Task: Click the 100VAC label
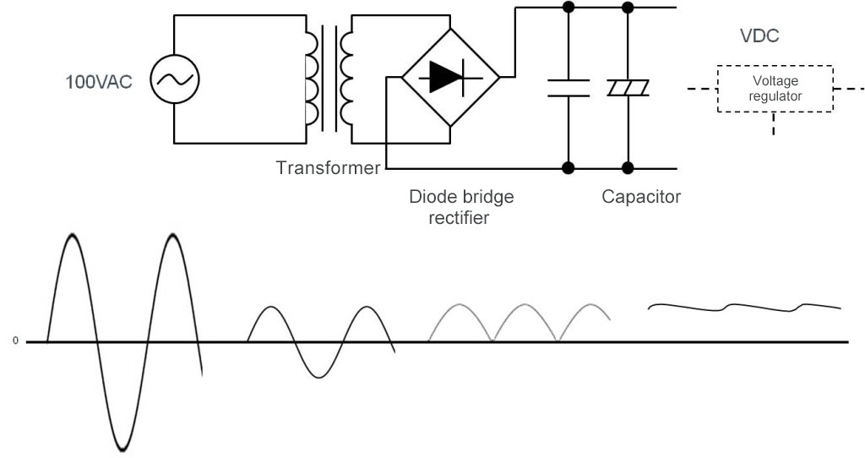[x=99, y=83]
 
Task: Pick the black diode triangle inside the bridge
[x=444, y=77]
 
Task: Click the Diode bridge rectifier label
[x=460, y=206]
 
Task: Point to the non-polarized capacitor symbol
[x=568, y=87]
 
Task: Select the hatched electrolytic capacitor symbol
[x=626, y=88]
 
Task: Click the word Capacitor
[x=641, y=197]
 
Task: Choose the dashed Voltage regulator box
[x=775, y=89]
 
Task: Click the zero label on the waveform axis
[x=14, y=342]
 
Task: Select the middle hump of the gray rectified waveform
[x=525, y=308]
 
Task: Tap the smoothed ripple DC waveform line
[x=743, y=307]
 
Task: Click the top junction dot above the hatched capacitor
[x=626, y=8]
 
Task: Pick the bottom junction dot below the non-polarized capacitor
[x=568, y=166]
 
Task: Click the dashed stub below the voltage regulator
[x=775, y=125]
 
